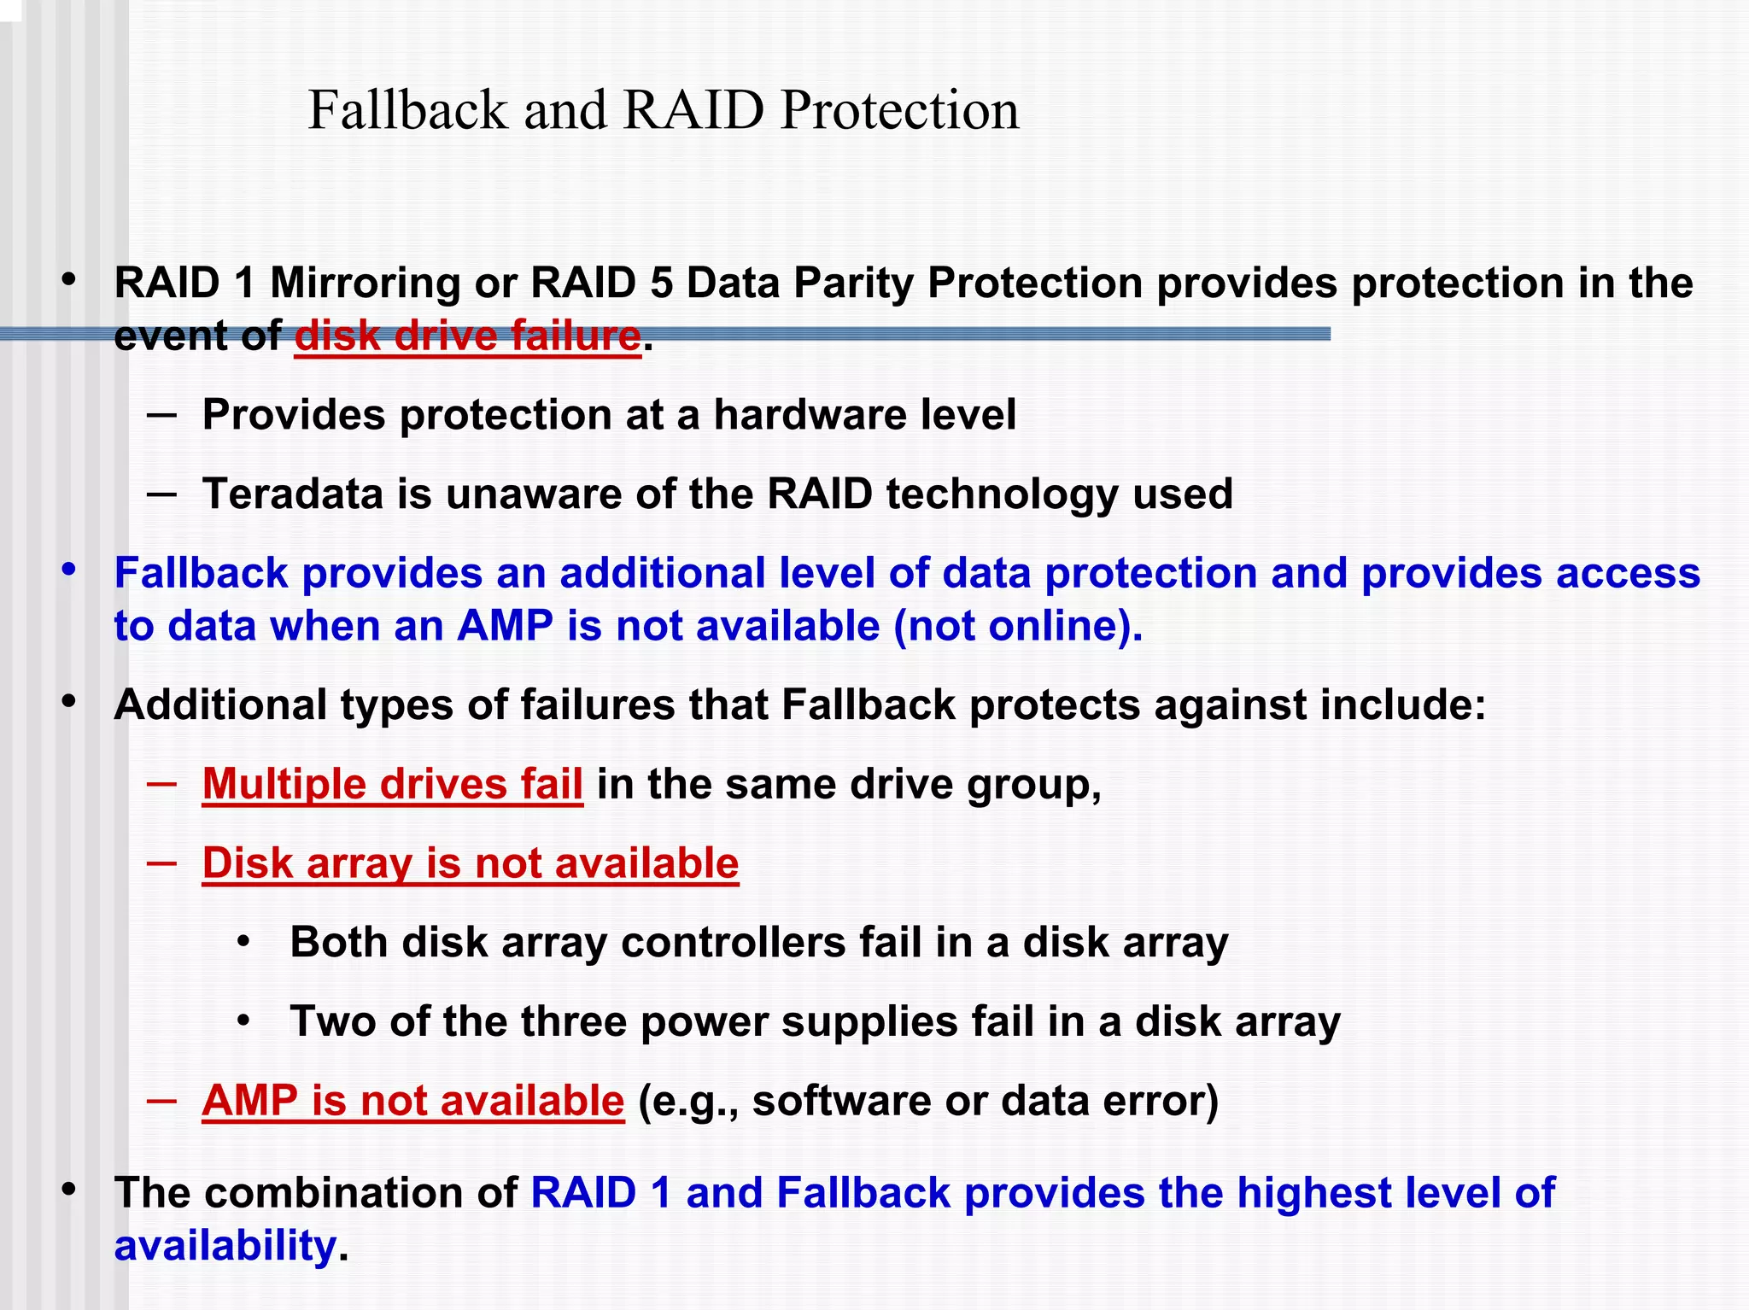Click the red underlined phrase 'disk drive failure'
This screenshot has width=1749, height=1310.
[x=467, y=336]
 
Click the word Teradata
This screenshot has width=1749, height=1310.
[x=292, y=494]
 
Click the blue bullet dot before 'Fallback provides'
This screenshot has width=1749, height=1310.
[x=69, y=569]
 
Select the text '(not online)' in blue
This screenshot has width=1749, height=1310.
[x=1017, y=626]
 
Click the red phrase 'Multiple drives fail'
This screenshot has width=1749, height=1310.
[x=393, y=784]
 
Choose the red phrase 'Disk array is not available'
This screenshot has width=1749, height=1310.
[x=471, y=863]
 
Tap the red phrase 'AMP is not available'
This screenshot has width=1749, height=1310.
[x=413, y=1101]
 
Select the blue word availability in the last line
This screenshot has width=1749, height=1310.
[x=225, y=1246]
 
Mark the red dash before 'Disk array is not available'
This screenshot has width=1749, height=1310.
[x=161, y=863]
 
